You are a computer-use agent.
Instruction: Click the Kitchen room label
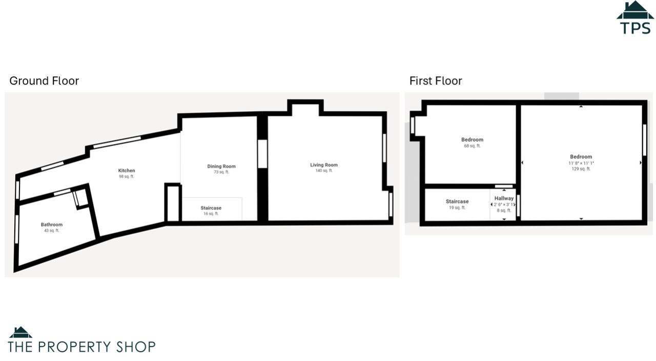(x=127, y=171)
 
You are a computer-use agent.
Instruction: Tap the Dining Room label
(x=221, y=166)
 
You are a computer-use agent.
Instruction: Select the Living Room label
(x=324, y=165)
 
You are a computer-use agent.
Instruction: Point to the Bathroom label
(x=51, y=225)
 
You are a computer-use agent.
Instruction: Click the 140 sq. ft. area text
(x=324, y=171)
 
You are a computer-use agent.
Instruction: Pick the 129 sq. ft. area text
(x=581, y=169)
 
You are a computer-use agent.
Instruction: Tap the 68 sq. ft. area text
(x=472, y=146)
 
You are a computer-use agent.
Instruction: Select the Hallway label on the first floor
(x=504, y=198)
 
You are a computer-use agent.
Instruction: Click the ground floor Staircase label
(x=211, y=208)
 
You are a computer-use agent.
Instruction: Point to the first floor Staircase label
(x=457, y=202)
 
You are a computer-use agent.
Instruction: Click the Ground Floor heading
(x=44, y=81)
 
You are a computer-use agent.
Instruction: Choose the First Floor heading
(x=436, y=81)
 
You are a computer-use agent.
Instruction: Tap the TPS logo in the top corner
(x=635, y=18)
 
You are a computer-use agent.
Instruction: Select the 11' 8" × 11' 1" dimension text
(x=581, y=163)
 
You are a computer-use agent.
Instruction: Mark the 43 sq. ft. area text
(x=51, y=231)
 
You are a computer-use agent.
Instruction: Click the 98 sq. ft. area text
(x=127, y=177)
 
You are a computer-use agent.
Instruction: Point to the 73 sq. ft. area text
(x=221, y=172)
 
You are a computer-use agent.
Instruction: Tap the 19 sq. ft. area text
(x=457, y=208)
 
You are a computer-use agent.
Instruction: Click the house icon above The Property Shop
(x=20, y=332)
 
